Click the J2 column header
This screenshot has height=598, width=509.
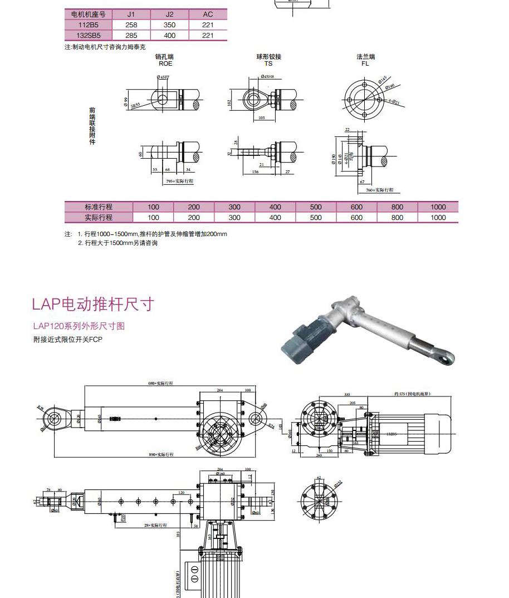coord(170,14)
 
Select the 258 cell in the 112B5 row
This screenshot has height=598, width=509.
coord(131,25)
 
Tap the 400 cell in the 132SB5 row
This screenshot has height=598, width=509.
coord(170,36)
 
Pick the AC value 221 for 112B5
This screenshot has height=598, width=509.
coord(208,25)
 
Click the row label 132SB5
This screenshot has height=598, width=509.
coord(88,36)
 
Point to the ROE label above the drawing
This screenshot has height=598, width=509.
coord(165,64)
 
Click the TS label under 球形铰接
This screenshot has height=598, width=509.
coord(268,64)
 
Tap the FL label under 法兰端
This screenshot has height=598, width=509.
coord(365,64)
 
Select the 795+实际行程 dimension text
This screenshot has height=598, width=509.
coord(179,182)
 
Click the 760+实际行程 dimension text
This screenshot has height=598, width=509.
coord(380,190)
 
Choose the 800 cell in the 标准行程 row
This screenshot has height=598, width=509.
coord(397,207)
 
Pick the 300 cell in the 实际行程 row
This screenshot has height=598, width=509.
coord(234,218)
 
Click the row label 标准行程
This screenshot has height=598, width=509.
coord(99,207)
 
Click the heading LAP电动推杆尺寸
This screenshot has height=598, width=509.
coord(92,305)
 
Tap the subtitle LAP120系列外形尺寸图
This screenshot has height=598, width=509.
coord(79,326)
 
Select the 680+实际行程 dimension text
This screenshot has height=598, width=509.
coord(161,384)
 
